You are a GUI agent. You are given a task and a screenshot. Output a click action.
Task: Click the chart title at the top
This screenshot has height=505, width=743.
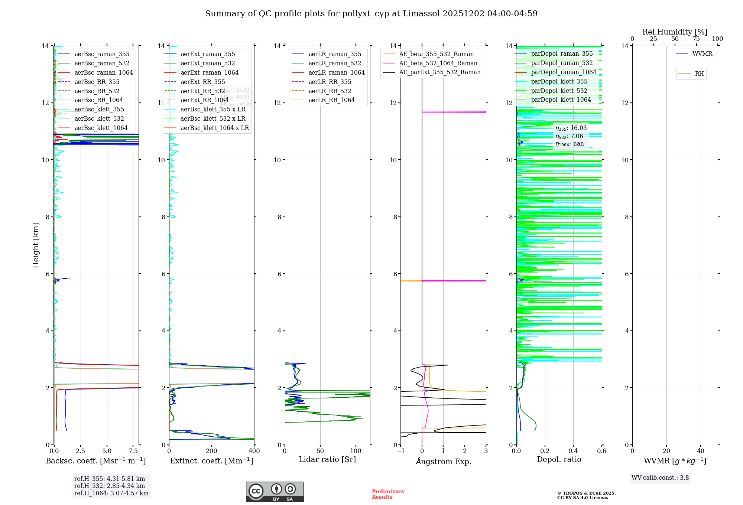click(x=371, y=14)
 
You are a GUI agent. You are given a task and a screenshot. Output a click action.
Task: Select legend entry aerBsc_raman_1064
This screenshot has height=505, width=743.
click(x=103, y=72)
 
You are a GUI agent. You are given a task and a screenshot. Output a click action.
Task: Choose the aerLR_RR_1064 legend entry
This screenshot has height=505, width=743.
click(x=331, y=100)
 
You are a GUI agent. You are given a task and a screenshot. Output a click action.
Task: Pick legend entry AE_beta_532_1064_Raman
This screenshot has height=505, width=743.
click(x=438, y=63)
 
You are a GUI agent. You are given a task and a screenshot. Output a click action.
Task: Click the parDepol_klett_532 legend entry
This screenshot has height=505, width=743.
click(x=559, y=91)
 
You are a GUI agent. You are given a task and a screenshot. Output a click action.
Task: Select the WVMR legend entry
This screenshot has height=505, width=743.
click(x=702, y=54)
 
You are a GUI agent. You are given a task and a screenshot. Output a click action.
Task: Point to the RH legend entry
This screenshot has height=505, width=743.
click(x=699, y=74)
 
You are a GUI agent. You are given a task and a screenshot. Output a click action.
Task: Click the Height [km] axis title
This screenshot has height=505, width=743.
click(x=36, y=245)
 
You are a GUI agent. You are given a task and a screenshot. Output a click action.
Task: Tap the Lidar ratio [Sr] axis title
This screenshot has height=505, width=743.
click(x=327, y=459)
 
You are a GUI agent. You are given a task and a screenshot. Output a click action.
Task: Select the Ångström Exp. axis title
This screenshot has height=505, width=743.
click(x=443, y=461)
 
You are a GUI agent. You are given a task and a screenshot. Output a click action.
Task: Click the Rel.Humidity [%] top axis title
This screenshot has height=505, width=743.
click(x=675, y=32)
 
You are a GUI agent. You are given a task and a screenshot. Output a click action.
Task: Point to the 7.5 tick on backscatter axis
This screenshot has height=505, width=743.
click(x=133, y=451)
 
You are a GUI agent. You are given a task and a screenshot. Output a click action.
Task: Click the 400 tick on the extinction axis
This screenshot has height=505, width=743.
click(x=254, y=451)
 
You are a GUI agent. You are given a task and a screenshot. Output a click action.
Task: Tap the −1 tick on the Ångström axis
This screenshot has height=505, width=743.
click(x=400, y=451)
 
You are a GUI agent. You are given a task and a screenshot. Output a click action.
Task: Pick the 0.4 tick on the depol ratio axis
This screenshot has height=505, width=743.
click(x=573, y=451)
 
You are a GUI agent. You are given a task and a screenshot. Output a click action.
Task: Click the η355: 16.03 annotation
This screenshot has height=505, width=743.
click(x=571, y=128)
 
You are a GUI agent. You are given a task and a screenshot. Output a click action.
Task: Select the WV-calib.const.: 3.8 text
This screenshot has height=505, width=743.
click(x=660, y=478)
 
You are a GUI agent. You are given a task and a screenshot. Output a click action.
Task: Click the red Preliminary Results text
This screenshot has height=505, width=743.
click(x=388, y=494)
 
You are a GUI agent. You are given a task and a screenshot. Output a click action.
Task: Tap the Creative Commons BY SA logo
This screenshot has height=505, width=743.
click(x=275, y=492)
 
